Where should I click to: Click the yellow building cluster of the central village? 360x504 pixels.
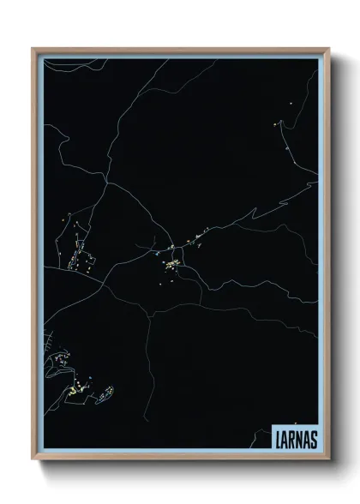tap(174, 266)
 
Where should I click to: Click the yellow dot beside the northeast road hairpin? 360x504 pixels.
tap(276, 125)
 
